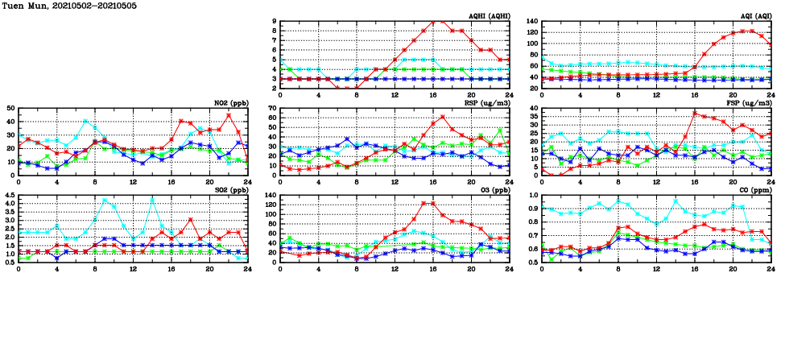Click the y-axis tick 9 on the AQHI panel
click(x=274, y=22)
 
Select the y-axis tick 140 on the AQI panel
click(x=531, y=22)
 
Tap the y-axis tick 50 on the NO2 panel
click(x=10, y=108)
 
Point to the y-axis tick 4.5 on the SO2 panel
click(x=8, y=195)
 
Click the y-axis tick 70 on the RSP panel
click(x=271, y=108)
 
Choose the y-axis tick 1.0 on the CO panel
click(x=533, y=195)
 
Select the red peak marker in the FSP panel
click(x=695, y=113)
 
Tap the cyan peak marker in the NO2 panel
click(x=85, y=121)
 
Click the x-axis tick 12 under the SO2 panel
click(x=133, y=267)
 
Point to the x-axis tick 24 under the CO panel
click(x=771, y=267)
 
